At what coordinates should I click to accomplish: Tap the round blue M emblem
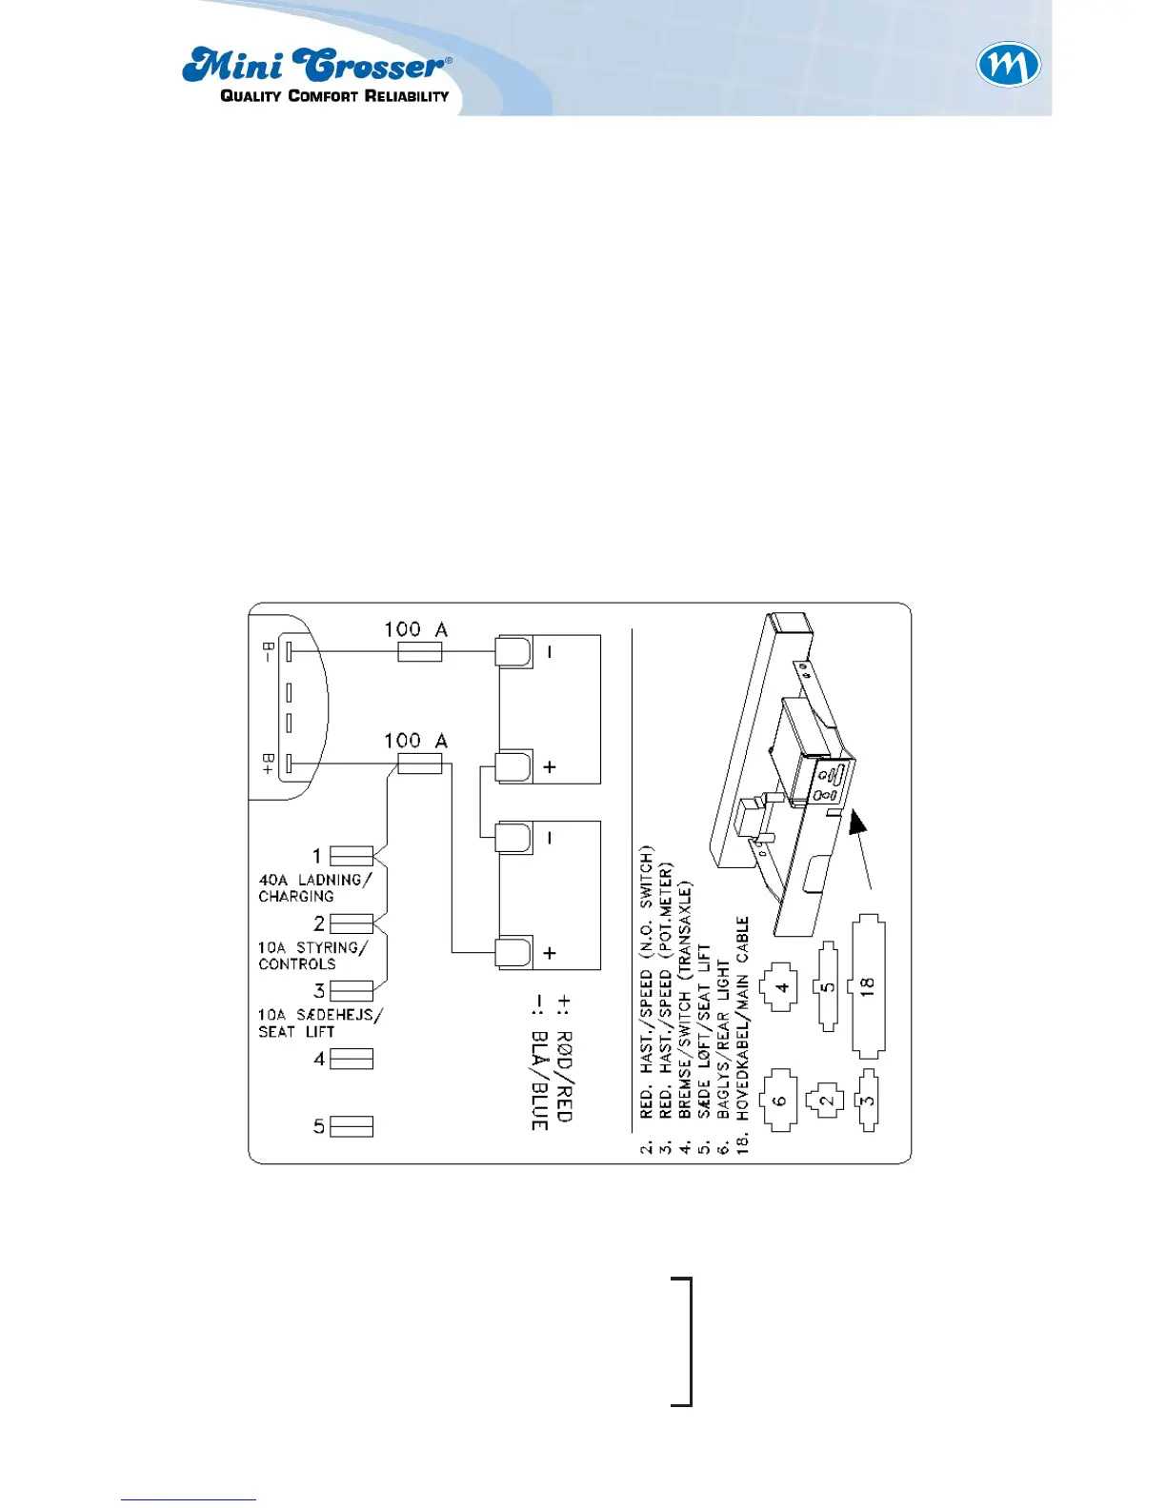pyautogui.click(x=1008, y=67)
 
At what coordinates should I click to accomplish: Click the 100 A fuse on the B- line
pyautogui.click(x=419, y=651)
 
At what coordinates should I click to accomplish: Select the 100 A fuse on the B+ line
pyautogui.click(x=419, y=764)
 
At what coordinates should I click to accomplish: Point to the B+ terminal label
pyautogui.click(x=269, y=764)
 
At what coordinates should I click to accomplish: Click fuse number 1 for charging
pyautogui.click(x=351, y=856)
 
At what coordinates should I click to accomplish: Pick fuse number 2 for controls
pyautogui.click(x=351, y=923)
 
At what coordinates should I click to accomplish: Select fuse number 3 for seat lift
pyautogui.click(x=351, y=990)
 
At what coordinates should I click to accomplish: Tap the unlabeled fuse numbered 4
pyautogui.click(x=351, y=1059)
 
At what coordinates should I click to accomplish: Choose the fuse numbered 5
pyautogui.click(x=351, y=1126)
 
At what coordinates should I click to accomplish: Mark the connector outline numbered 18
pyautogui.click(x=868, y=986)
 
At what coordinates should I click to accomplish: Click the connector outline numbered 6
pyautogui.click(x=779, y=1100)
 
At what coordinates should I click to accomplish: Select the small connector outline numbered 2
pyautogui.click(x=826, y=1100)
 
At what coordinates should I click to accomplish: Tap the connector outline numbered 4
pyautogui.click(x=782, y=987)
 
